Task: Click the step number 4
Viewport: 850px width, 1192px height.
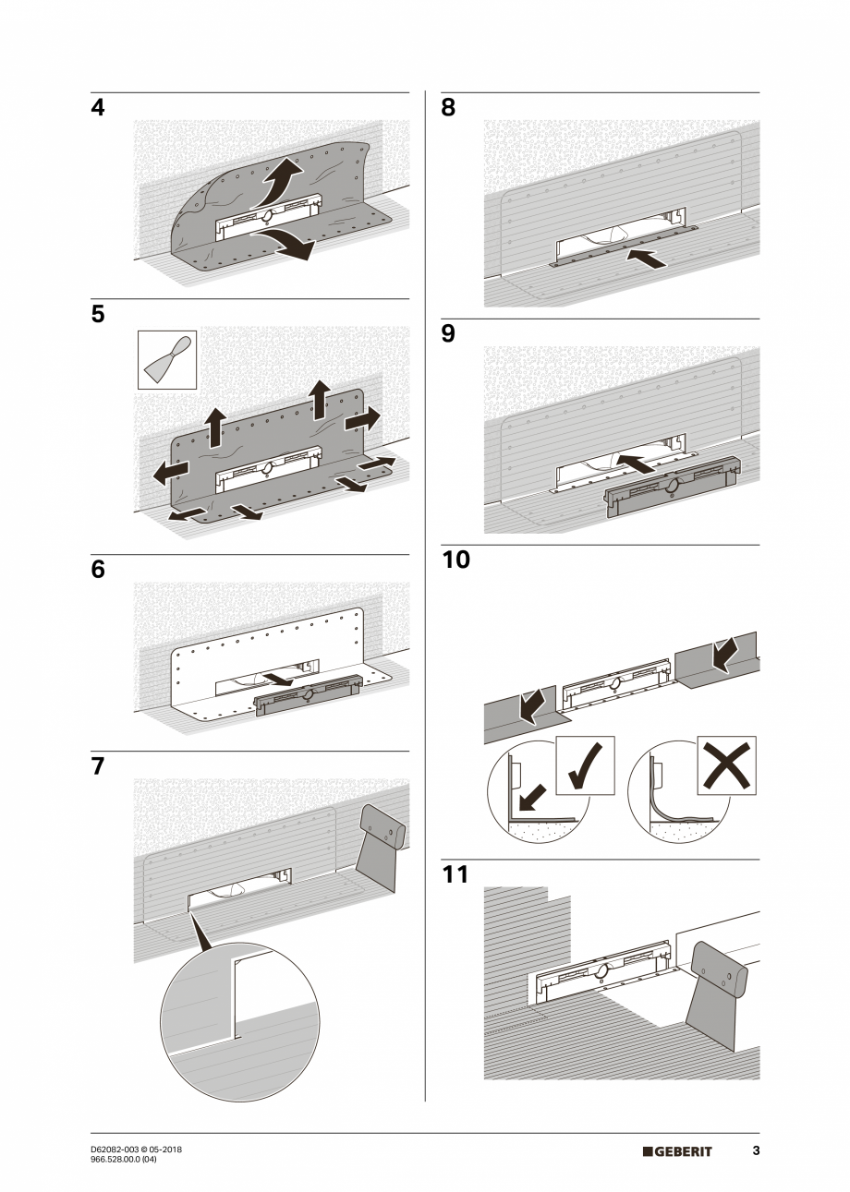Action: (x=98, y=108)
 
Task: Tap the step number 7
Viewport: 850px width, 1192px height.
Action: (x=98, y=766)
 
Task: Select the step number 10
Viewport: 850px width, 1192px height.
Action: (x=455, y=560)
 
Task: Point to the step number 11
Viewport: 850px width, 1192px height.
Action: (x=455, y=873)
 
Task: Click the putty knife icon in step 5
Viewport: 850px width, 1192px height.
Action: (x=167, y=360)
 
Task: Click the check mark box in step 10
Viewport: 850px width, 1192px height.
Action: (x=585, y=765)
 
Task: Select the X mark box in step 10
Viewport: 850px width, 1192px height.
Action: (x=726, y=765)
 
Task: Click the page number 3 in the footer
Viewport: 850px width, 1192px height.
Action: (x=756, y=1151)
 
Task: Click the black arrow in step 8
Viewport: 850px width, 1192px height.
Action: (x=646, y=258)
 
